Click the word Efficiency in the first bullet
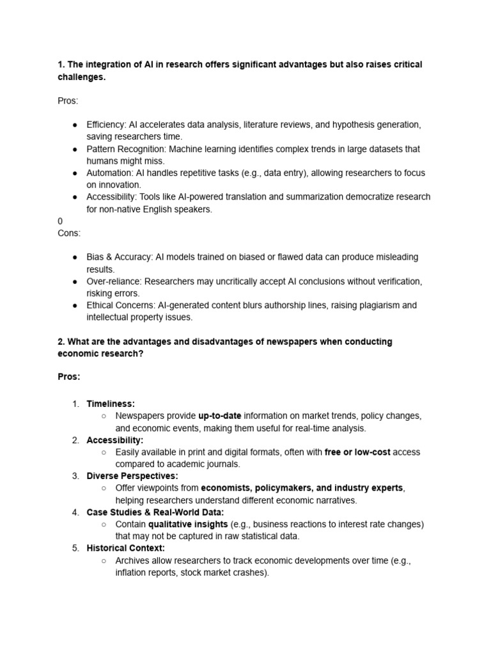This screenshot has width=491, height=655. [x=105, y=125]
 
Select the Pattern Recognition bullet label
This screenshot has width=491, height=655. [x=123, y=149]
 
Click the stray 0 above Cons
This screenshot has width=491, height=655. [x=60, y=221]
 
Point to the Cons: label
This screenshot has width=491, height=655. [x=69, y=233]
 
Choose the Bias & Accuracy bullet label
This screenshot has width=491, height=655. [x=120, y=257]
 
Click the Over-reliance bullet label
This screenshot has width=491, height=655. [x=113, y=281]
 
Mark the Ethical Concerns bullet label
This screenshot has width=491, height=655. [x=120, y=306]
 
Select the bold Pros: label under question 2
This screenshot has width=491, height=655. [x=69, y=377]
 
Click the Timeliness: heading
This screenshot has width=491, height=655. [x=111, y=404]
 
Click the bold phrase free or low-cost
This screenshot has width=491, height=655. [x=357, y=452]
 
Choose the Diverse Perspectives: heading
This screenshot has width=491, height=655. [x=132, y=476]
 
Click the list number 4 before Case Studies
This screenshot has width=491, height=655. [x=75, y=512]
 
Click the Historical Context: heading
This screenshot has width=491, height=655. [x=125, y=548]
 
